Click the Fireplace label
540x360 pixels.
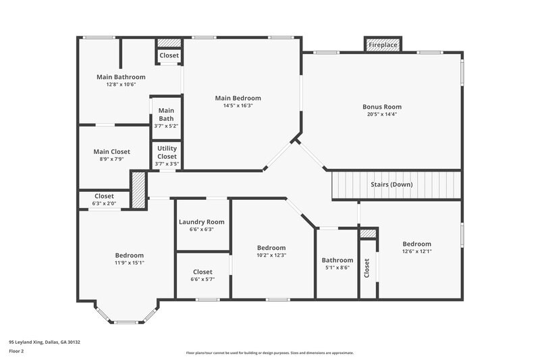382,45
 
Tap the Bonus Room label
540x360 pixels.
382,107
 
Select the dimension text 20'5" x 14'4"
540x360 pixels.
382,115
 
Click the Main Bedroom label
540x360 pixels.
238,98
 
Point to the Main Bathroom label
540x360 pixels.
121,77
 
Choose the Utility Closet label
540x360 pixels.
167,152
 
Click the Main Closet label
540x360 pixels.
111,152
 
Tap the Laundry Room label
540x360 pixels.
201,222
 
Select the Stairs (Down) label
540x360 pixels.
391,184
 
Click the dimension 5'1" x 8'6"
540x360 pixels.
337,268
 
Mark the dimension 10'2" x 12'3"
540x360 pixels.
271,255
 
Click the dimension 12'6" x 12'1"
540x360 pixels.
416,251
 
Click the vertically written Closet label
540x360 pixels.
367,268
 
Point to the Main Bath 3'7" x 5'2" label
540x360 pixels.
166,118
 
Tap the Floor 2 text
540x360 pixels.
17,351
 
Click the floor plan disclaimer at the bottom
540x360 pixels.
269,353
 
